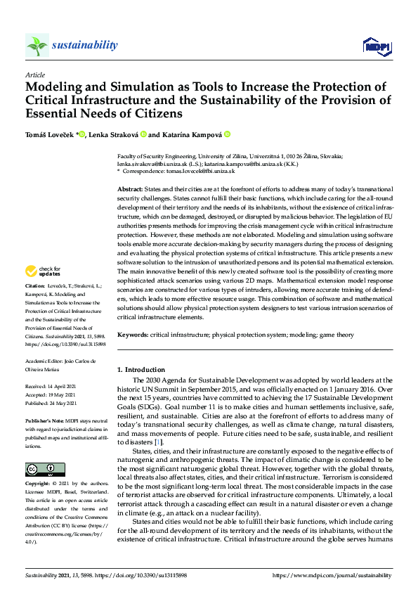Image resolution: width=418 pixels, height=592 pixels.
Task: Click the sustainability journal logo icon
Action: pyautogui.click(x=37, y=45)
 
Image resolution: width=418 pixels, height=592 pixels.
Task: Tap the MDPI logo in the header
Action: pyautogui.click(x=375, y=46)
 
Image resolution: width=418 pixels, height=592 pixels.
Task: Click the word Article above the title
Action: pyautogui.click(x=34, y=74)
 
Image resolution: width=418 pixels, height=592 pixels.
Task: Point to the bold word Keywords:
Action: pyautogui.click(x=133, y=335)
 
